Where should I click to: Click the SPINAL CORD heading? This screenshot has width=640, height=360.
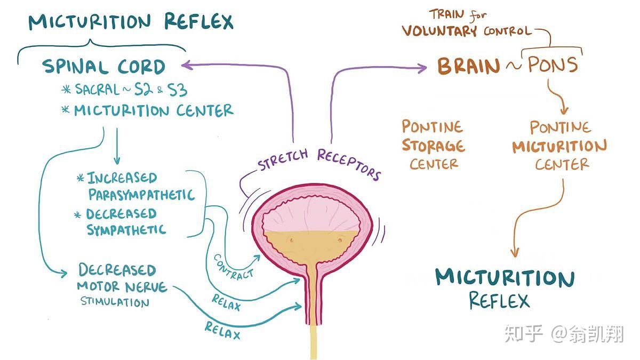(104, 67)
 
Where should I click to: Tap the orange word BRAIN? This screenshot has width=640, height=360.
(469, 66)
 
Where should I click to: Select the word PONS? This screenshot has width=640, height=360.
(553, 65)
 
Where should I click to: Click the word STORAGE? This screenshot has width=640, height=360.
(433, 145)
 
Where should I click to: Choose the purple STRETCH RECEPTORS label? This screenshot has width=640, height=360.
(320, 162)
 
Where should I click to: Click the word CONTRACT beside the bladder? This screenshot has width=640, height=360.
(234, 267)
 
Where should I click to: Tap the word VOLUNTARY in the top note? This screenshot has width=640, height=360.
(439, 30)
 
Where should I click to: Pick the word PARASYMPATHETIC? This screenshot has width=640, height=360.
(141, 194)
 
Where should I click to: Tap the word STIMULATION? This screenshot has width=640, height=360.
(115, 302)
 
